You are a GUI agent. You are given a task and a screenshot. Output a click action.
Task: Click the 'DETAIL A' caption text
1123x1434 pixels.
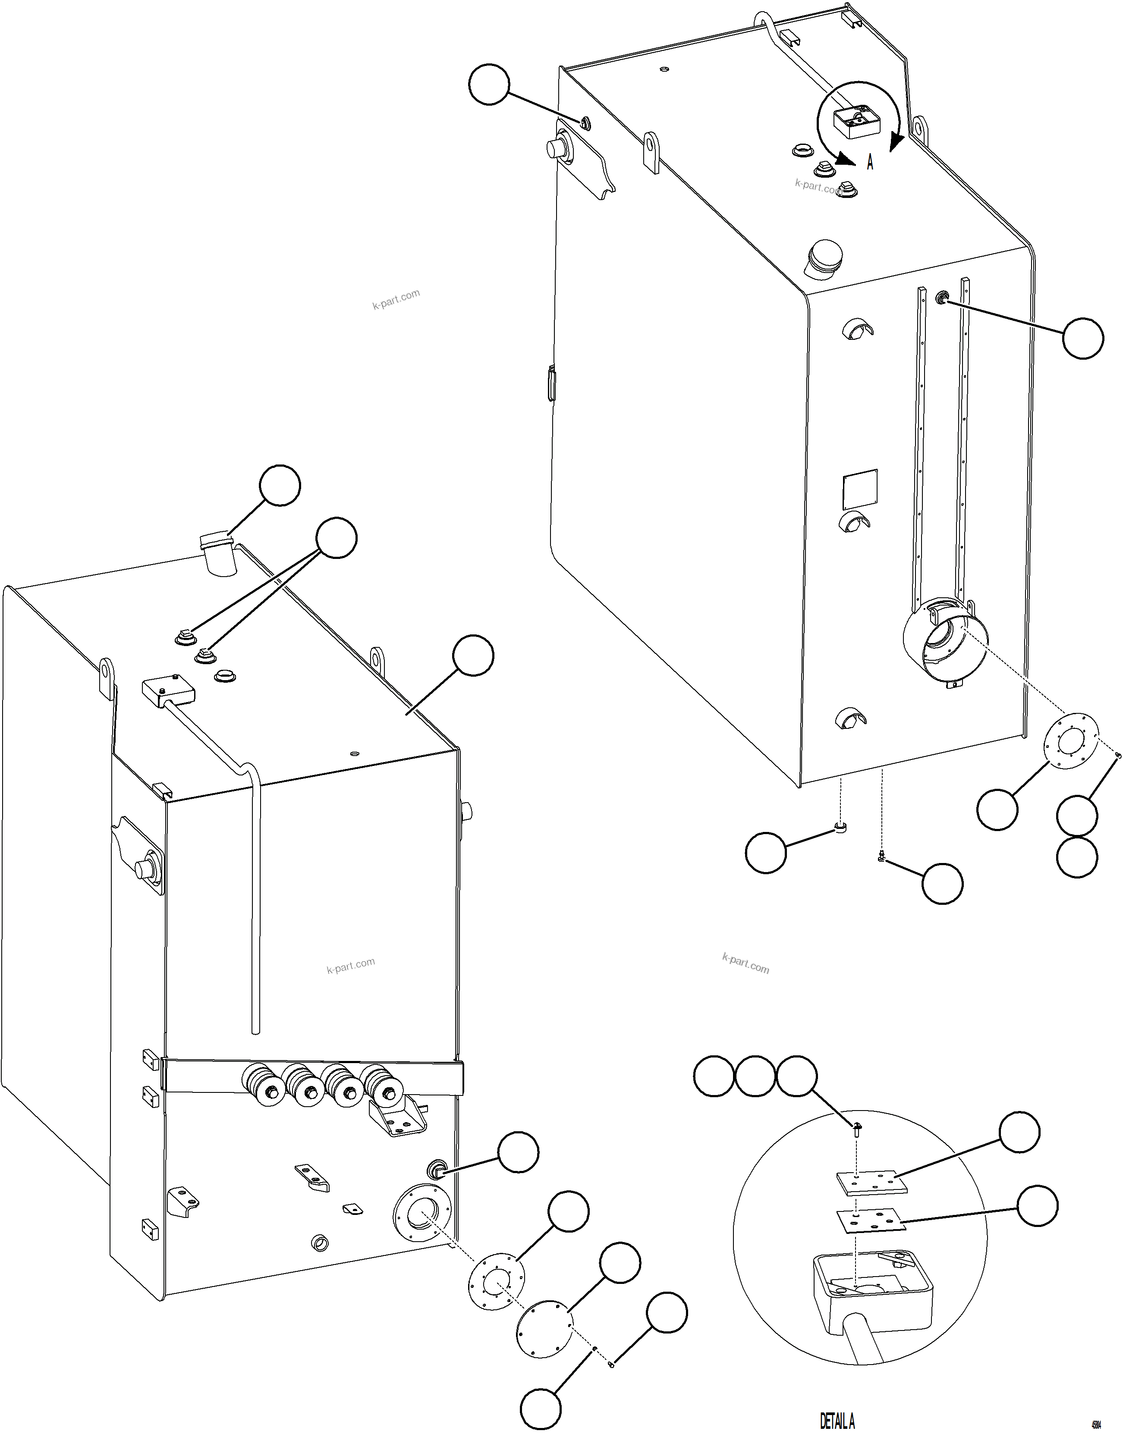click(837, 1421)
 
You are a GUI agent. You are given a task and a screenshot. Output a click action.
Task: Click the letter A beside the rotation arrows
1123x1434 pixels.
click(870, 162)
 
